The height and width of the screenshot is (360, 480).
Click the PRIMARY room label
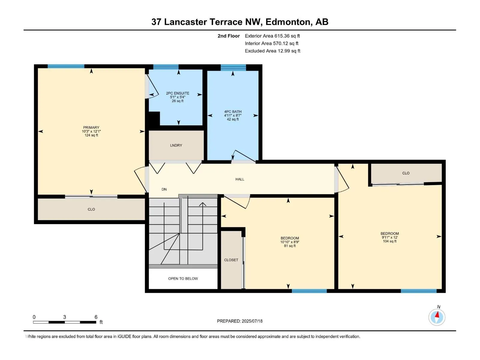click(x=91, y=127)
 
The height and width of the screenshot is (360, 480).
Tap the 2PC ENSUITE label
click(x=178, y=93)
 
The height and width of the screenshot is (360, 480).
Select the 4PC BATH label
click(x=233, y=112)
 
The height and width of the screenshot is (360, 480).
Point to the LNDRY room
click(x=176, y=145)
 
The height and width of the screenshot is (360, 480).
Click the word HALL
click(x=240, y=179)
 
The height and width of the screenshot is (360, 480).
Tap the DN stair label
click(x=164, y=189)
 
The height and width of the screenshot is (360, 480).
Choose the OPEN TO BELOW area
click(x=183, y=278)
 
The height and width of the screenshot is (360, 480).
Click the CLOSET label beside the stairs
click(x=231, y=260)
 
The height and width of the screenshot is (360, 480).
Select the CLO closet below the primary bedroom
click(x=91, y=209)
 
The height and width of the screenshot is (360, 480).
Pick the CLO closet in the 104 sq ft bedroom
click(x=406, y=173)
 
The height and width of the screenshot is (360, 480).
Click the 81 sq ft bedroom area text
click(x=290, y=246)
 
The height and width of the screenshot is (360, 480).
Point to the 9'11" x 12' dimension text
click(x=389, y=237)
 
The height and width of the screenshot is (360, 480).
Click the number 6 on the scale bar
click(x=96, y=317)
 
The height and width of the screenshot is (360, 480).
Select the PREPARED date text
click(x=240, y=321)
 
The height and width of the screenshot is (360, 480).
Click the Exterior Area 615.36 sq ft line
click(x=272, y=36)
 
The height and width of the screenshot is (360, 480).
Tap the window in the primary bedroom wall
click(x=66, y=66)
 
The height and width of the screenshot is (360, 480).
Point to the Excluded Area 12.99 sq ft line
click(x=272, y=51)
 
